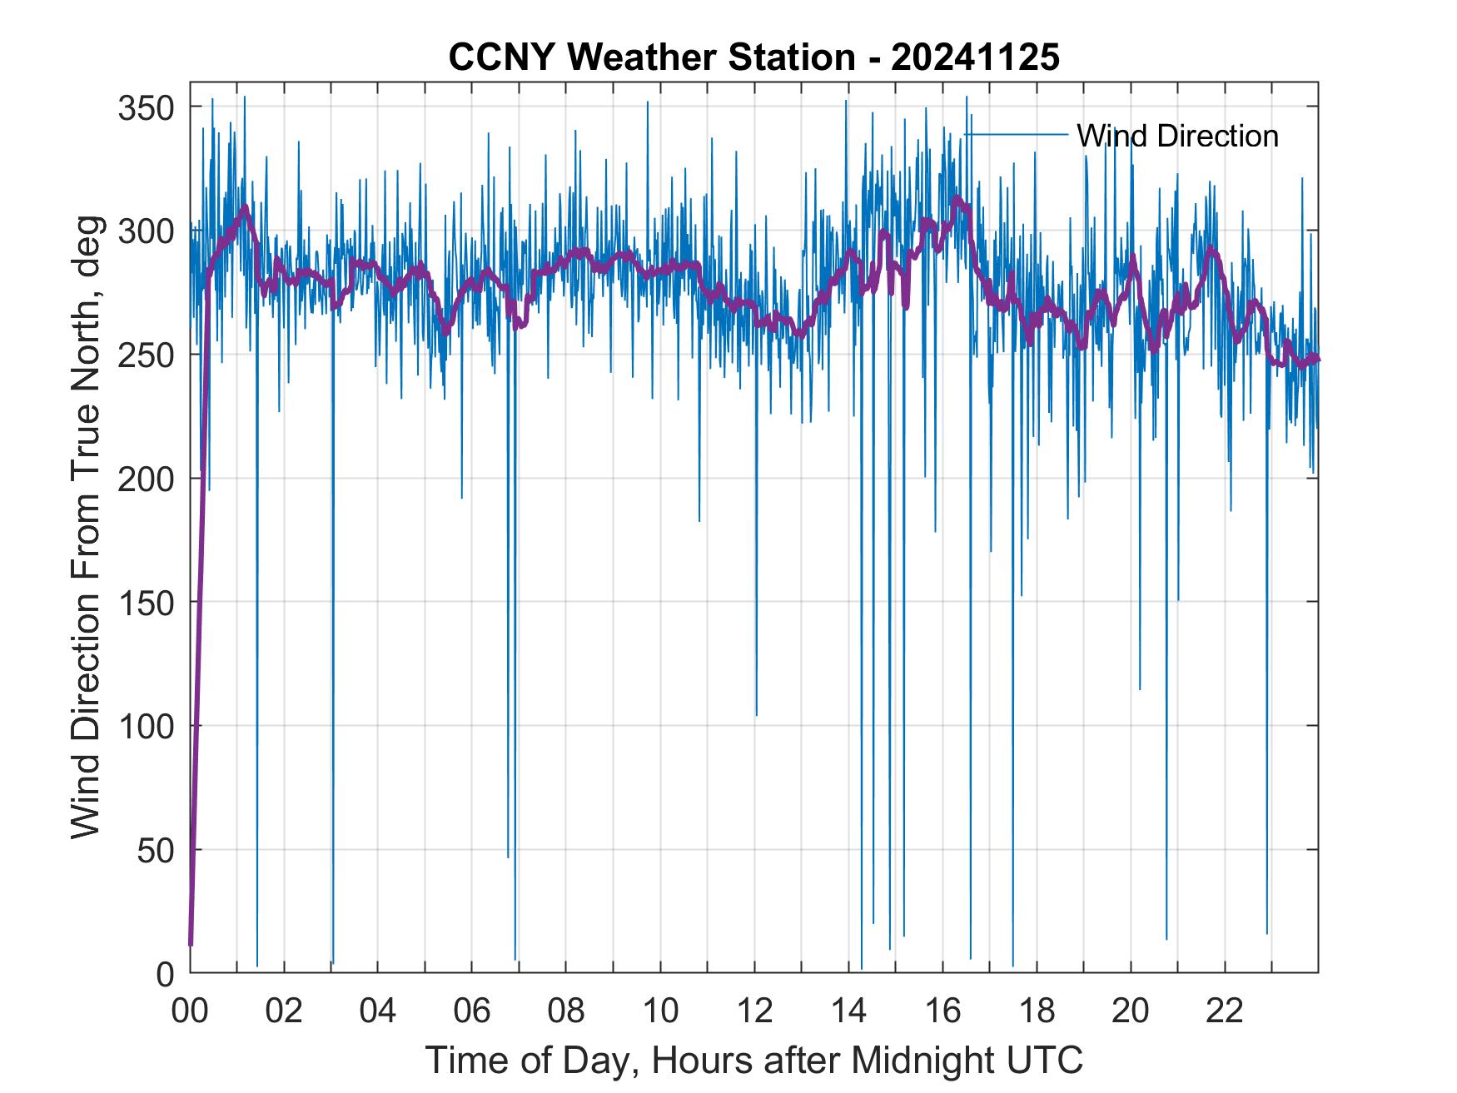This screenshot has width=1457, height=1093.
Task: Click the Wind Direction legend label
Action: [x=1177, y=136]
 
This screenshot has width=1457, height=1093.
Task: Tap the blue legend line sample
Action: [x=1016, y=134]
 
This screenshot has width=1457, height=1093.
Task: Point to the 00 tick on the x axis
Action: [x=191, y=1011]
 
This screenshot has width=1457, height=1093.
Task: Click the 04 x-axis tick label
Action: [x=378, y=1011]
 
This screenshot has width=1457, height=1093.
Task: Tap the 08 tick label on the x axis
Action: [x=566, y=1011]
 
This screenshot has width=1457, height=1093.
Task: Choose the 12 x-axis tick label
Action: [x=754, y=1011]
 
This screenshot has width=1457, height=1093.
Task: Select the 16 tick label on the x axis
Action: [x=942, y=1011]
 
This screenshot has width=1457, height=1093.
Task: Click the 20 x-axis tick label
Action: [x=1131, y=1011]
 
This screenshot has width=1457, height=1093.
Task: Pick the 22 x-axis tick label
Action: [x=1225, y=1011]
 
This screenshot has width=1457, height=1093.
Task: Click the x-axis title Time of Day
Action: [x=754, y=1061]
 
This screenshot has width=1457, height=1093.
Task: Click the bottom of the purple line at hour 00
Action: [x=191, y=943]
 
